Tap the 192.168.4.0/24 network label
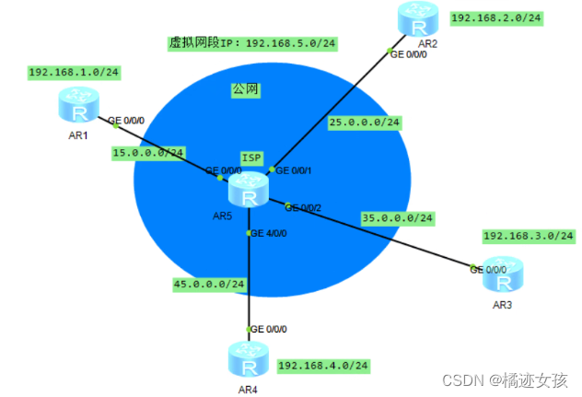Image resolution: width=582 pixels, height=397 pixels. coord(323,366)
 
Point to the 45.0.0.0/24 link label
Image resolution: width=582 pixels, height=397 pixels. coord(209,284)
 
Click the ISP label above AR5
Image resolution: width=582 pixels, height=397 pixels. coord(251,158)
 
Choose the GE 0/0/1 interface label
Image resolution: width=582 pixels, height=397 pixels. coord(295,170)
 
